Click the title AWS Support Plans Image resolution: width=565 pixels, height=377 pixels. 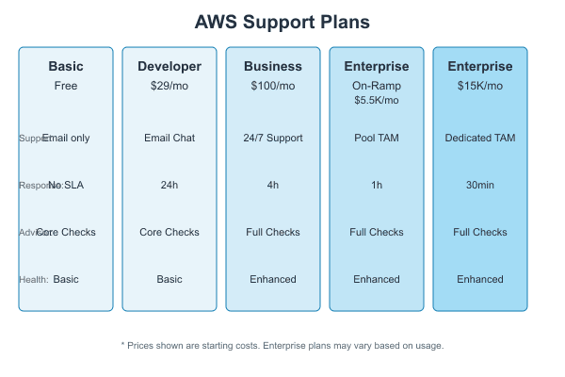[x=282, y=22]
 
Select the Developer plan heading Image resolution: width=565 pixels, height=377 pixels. [x=169, y=67]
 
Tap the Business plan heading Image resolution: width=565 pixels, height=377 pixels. [x=273, y=67]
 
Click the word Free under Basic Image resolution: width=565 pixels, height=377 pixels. [x=66, y=85]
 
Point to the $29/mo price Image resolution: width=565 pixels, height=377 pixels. [x=169, y=85]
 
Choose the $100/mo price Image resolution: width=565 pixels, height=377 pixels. [x=273, y=85]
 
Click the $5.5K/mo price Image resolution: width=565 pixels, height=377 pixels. [x=377, y=100]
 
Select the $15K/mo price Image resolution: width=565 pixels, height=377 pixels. [x=480, y=85]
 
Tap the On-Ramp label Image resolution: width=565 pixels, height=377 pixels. [x=377, y=85]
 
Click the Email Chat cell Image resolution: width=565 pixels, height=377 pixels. [x=169, y=138]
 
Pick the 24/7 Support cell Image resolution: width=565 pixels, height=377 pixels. [x=273, y=138]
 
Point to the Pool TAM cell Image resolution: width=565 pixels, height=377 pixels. [x=377, y=138]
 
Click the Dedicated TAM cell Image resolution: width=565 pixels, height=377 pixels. [x=480, y=138]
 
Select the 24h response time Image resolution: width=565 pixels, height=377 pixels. [x=169, y=185]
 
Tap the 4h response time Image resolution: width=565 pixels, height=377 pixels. [x=273, y=185]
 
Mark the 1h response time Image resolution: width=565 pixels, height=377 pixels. [x=377, y=185]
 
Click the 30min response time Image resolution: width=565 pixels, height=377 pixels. [x=480, y=185]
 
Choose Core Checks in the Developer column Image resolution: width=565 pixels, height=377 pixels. [x=169, y=232]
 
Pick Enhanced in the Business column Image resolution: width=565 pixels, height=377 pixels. [x=273, y=279]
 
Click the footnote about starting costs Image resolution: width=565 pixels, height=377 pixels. [x=282, y=346]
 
